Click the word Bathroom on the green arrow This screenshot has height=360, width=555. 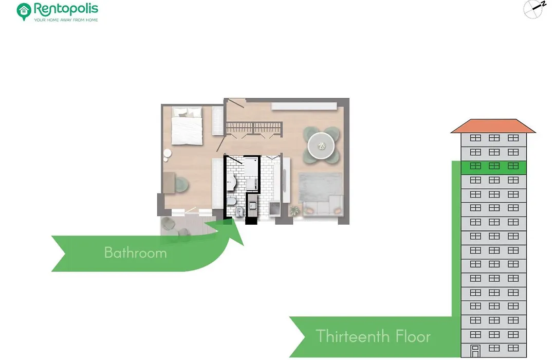tap(135, 253)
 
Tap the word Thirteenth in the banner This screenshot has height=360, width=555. tap(353, 336)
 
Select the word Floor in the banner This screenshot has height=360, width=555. tap(413, 336)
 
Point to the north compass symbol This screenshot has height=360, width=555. tap(533, 9)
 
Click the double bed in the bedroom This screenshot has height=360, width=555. tap(187, 126)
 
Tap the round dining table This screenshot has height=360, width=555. tap(321, 146)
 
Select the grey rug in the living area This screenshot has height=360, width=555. tap(320, 187)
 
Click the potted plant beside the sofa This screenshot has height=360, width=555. tap(294, 211)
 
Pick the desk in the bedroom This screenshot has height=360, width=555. tap(169, 183)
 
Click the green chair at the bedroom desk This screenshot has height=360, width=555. tap(181, 184)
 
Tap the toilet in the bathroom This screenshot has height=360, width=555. tap(231, 202)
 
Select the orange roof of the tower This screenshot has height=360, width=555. tap(493, 126)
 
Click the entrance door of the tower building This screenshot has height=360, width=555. tap(475, 351)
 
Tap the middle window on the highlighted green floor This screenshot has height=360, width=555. tap(494, 166)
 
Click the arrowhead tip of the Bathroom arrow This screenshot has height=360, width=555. tap(244, 245)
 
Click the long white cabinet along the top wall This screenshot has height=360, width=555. tap(304, 106)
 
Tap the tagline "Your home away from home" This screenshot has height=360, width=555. tap(66, 20)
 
